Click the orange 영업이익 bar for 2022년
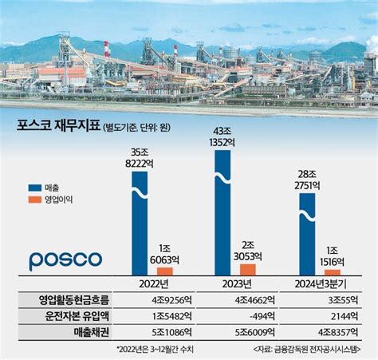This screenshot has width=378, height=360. pos(164,271)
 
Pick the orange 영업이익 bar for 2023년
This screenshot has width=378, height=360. pos(248,269)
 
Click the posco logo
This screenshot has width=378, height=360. pos(65,260)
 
